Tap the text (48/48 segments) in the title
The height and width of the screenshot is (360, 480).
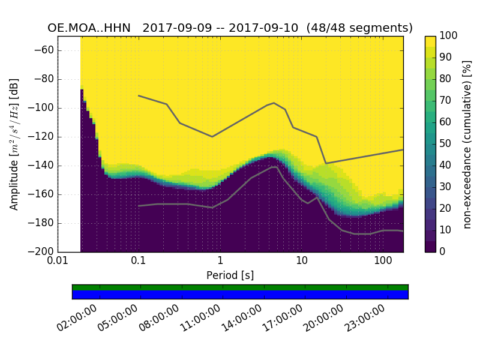pos(359,28)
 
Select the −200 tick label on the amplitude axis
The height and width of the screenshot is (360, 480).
pos(41,251)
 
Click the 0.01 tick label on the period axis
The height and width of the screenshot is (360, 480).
pos(58,262)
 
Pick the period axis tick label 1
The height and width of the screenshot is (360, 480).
pos(220,262)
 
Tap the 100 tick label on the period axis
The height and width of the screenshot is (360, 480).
pos(383,262)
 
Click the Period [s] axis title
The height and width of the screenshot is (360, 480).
pos(230,275)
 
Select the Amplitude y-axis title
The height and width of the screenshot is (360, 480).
pos(14,144)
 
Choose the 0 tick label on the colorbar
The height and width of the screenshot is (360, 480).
pos(443,251)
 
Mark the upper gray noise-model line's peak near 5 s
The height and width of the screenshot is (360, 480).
pos(274,103)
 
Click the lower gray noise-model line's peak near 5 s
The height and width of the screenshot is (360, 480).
pos(275,167)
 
